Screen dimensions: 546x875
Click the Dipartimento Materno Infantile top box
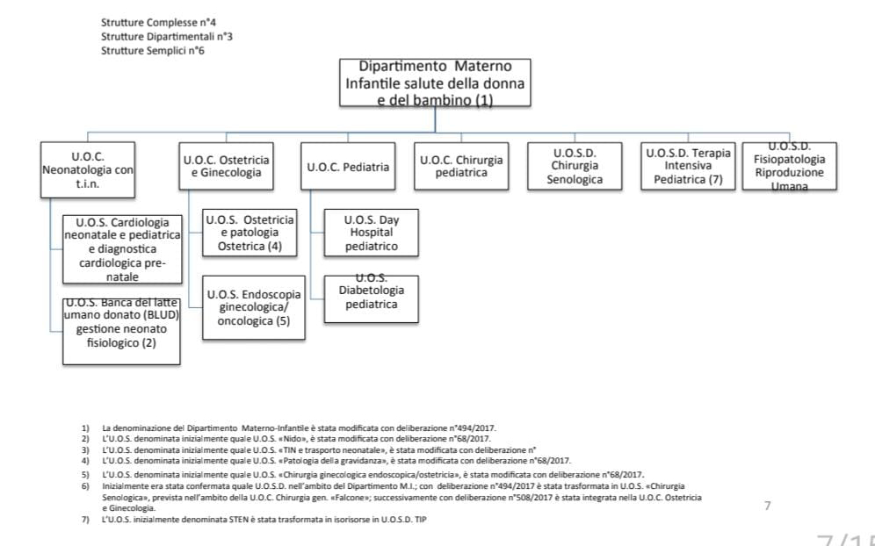pos(435,83)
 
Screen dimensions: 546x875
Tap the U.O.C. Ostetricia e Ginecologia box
pos(226,167)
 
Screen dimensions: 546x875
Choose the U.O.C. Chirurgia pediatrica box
pos(461,167)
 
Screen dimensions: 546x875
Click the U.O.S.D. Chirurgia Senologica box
pos(575,166)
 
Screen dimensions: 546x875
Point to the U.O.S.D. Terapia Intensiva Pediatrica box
pos(688,166)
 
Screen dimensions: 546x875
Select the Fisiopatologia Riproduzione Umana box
pos(789,166)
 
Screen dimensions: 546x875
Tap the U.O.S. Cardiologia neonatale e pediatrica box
pos(122,249)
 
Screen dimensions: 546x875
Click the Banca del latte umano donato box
pos(121,331)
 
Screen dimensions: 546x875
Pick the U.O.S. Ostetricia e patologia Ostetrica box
pos(249,233)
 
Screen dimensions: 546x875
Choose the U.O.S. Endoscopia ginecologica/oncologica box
pos(253,307)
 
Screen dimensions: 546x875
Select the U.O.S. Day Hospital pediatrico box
pos(371,233)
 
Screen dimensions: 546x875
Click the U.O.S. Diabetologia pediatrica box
pos(371,297)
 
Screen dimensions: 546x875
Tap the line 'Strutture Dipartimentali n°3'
pos(166,36)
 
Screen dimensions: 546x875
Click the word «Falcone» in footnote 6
pos(351,498)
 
